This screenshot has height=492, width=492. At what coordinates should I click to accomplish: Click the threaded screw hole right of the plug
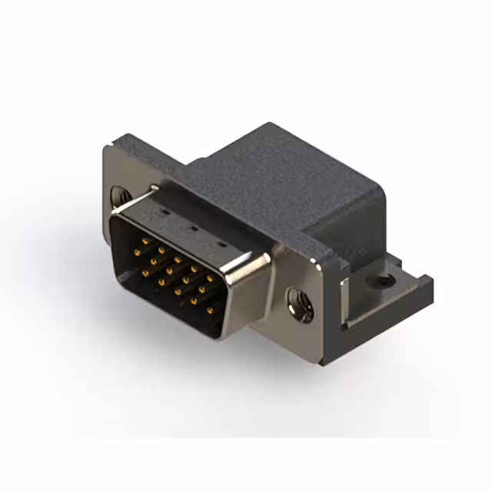[300, 304]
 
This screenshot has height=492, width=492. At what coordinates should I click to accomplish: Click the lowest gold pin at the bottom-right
[210, 310]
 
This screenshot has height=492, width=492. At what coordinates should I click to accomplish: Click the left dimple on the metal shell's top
[163, 209]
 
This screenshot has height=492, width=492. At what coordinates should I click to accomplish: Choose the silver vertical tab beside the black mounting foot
[346, 300]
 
